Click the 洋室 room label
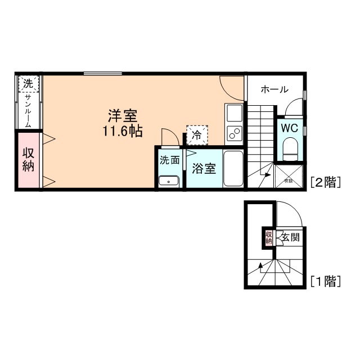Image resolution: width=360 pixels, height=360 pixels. tap(123, 116)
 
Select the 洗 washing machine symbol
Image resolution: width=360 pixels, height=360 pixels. tap(28, 84)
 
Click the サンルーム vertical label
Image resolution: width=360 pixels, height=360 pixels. tap(28, 110)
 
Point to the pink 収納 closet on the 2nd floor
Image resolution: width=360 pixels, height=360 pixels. tap(28, 159)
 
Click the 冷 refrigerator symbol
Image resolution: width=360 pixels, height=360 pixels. tap(197, 135)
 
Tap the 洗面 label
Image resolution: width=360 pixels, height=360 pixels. tap(169, 160)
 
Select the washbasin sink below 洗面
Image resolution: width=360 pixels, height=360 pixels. tap(168, 181)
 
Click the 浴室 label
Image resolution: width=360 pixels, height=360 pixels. tap(203, 168)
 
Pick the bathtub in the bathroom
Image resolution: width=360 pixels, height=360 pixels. tap(233, 169)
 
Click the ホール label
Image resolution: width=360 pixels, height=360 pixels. tap(274, 89)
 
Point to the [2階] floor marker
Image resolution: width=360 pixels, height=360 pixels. tap(326, 181)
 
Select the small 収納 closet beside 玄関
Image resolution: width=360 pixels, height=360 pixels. tap(269, 237)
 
